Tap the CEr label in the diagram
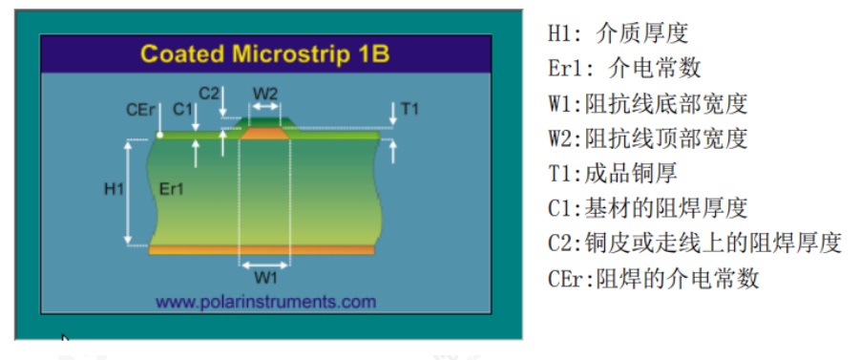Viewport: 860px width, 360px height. [140, 110]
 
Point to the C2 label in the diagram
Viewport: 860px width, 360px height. [209, 93]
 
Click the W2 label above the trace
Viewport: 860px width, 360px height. [265, 93]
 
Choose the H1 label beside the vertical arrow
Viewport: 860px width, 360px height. [114, 189]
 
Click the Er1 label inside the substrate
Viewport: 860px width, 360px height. [172, 189]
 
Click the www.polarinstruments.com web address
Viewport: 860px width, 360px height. [265, 302]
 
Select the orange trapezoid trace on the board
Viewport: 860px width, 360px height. [265, 135]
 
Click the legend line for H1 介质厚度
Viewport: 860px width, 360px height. [618, 33]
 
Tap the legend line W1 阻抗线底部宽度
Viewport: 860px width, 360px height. [647, 103]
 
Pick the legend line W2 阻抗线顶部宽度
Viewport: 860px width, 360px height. [647, 138]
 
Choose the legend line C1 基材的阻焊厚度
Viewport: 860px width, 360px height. [647, 207]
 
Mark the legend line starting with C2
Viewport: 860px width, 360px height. [694, 243]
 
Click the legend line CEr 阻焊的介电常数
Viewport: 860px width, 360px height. [653, 278]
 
